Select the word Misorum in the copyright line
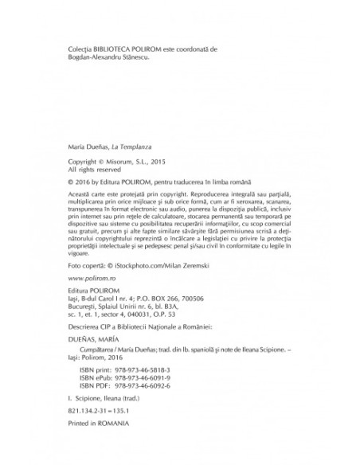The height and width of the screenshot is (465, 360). [x=134, y=161]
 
